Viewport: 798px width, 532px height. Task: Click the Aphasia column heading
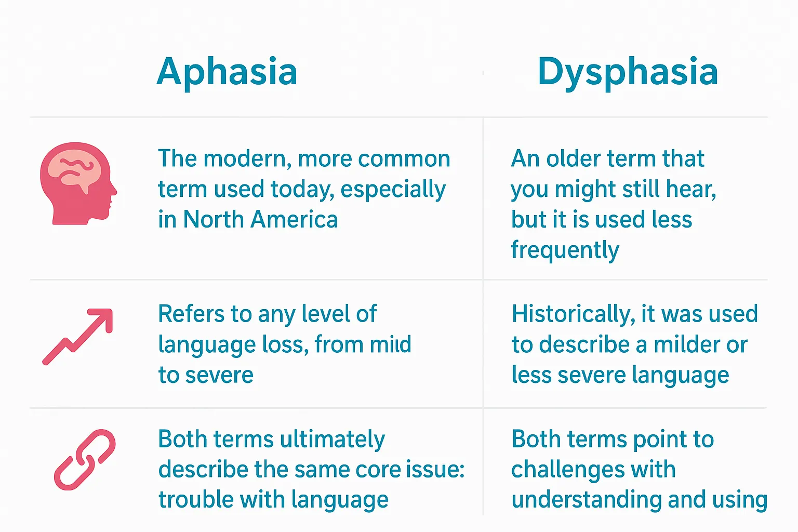point(227,72)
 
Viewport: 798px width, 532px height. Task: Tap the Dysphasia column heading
point(628,72)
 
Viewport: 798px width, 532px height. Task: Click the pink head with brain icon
point(78,183)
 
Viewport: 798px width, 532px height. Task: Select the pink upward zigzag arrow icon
point(77,337)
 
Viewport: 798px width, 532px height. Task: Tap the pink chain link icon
point(85,460)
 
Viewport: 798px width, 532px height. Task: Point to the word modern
point(247,159)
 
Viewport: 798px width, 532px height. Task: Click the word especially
point(393,190)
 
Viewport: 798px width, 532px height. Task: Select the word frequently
point(565,250)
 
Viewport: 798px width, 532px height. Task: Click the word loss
point(285,344)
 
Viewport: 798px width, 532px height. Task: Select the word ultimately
point(332,440)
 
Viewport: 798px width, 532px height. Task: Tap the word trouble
point(195,499)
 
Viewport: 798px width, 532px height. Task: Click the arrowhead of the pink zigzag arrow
point(103,317)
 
